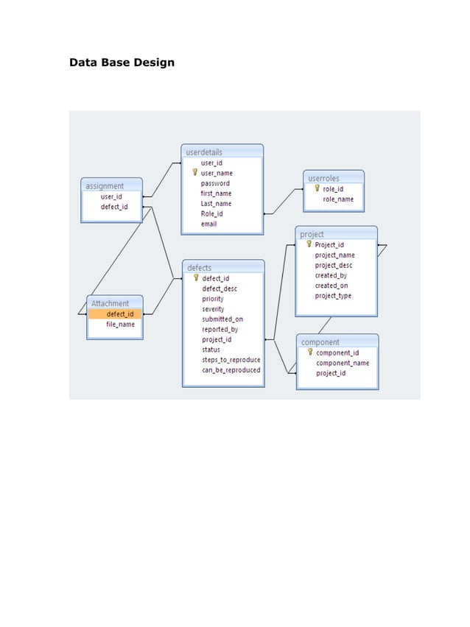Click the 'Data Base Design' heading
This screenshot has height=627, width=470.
[x=122, y=63]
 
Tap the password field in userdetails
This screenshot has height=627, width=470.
[x=215, y=183]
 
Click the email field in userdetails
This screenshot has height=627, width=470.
[x=208, y=224]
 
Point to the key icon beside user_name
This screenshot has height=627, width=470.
[x=195, y=172]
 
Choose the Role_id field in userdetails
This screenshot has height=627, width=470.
[x=211, y=213]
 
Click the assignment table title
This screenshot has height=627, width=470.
[x=105, y=186]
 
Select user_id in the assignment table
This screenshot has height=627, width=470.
[x=111, y=196]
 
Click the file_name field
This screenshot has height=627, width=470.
[x=120, y=325]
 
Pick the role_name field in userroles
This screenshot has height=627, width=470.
[x=338, y=199]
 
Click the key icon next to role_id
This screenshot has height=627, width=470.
[x=317, y=188]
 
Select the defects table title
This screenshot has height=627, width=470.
[x=200, y=268]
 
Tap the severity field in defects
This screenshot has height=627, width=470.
[x=213, y=309]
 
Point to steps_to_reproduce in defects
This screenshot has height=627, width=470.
[x=231, y=360]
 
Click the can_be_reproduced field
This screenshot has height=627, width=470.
[x=231, y=370]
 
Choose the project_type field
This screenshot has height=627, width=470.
[x=333, y=296]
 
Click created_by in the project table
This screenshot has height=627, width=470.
[x=331, y=275]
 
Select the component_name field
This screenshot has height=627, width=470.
[x=343, y=363]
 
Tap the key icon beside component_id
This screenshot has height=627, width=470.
[x=310, y=352]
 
